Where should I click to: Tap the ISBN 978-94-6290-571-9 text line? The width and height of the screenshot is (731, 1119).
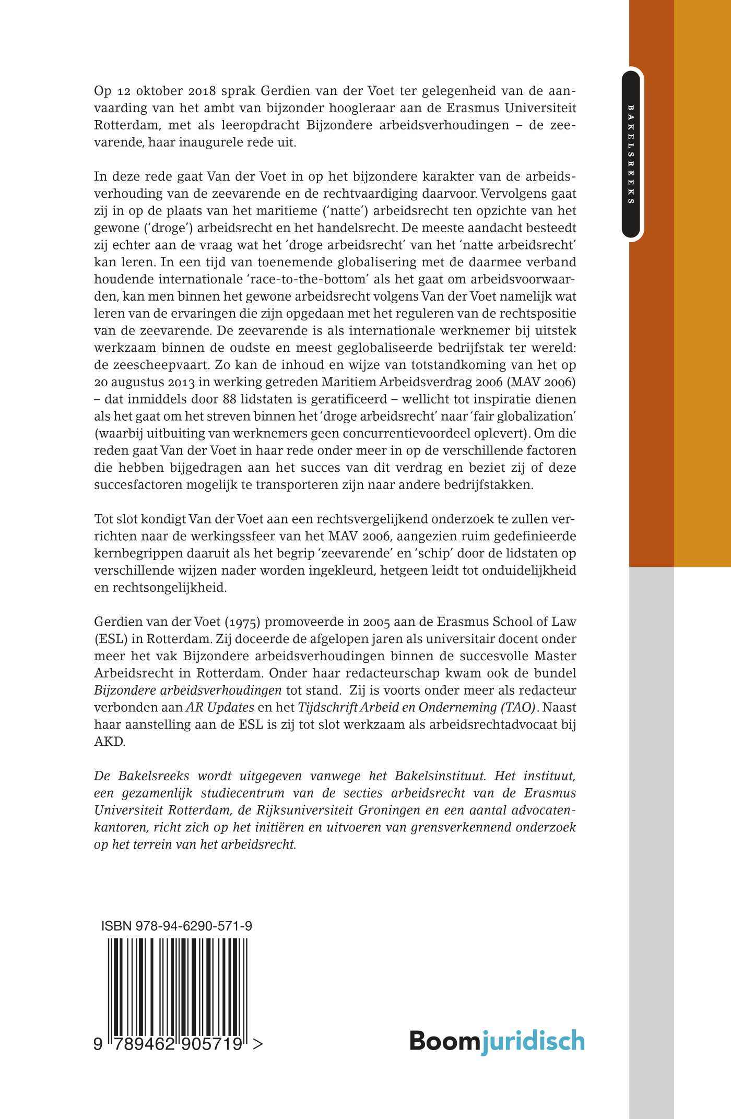(x=177, y=926)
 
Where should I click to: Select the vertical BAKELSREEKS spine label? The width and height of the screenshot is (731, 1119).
(x=631, y=154)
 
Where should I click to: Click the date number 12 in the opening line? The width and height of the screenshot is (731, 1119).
(x=124, y=91)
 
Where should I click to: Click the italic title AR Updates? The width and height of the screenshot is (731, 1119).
(x=220, y=708)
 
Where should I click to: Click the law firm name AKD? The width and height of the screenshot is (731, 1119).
(x=109, y=742)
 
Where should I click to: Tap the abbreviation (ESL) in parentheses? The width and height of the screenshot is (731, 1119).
(x=111, y=639)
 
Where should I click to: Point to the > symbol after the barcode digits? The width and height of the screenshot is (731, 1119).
(x=257, y=1043)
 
